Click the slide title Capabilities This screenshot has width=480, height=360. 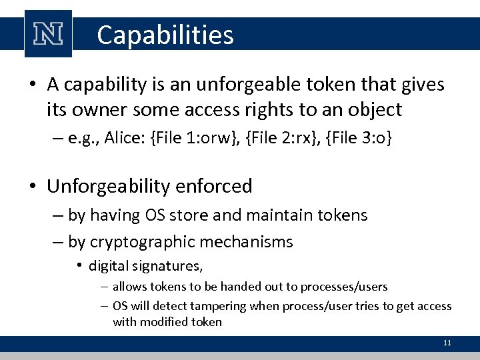point(165,35)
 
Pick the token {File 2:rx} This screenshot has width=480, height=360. point(286,138)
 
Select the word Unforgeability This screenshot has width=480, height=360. point(107,187)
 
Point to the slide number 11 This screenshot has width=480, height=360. point(447,343)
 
